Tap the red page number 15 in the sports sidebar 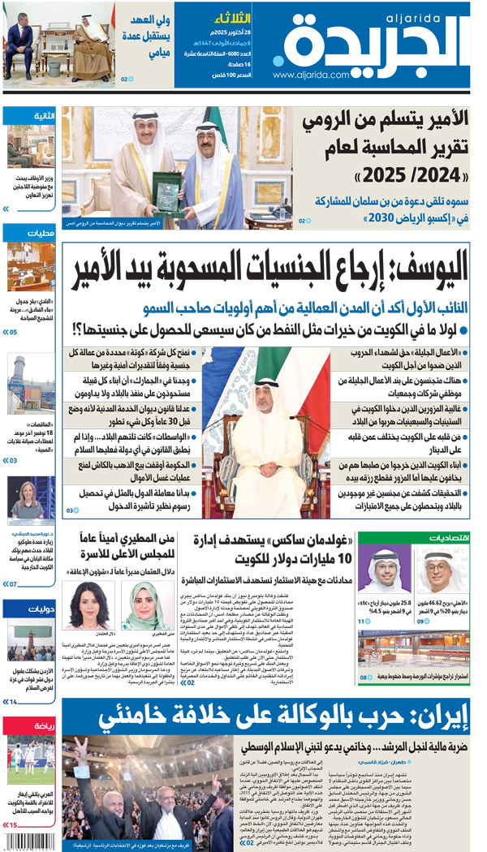pos(14,825)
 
